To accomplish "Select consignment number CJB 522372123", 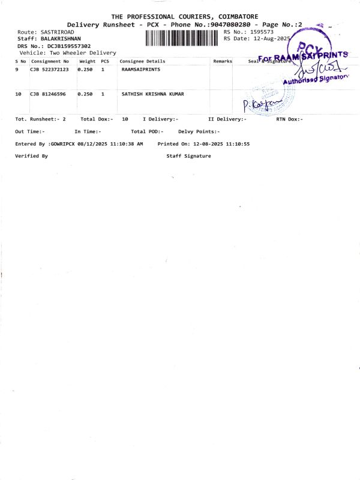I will (49, 70).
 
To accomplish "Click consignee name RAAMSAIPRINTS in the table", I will (141, 70).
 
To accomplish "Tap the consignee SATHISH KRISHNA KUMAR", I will (153, 94).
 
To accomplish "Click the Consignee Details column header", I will (142, 61).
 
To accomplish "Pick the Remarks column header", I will (222, 61).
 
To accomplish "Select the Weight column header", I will (87, 61).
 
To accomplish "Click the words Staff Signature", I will (188, 156).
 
